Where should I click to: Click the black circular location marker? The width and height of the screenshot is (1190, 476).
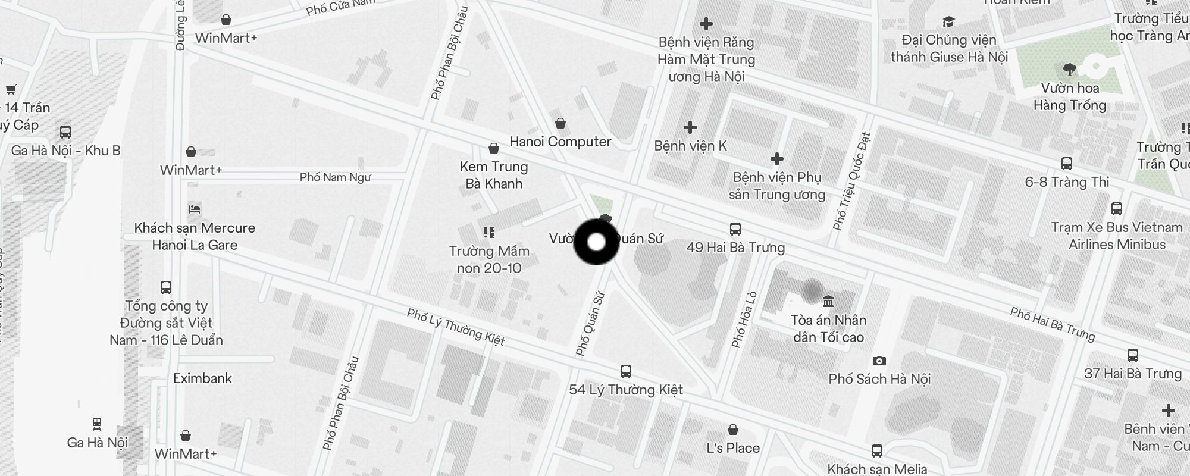point(596,242)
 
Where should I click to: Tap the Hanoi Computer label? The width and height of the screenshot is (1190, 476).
point(560,142)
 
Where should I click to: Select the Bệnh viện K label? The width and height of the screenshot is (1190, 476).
point(690,146)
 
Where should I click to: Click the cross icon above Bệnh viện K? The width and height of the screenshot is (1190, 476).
point(690,127)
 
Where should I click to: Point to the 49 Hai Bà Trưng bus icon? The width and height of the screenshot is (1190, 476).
point(735,229)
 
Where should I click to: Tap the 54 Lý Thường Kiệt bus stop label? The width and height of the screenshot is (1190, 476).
point(626,390)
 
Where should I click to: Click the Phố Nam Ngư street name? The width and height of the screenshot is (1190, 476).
point(335,177)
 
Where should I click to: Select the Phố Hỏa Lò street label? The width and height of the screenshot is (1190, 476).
point(744,319)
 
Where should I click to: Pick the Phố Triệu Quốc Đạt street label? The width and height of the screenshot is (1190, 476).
point(851,181)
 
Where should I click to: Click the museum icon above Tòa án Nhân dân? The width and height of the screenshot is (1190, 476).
point(828,301)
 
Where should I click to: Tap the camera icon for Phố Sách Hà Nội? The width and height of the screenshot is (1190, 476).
point(879,361)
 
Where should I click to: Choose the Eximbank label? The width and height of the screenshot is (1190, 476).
point(202,378)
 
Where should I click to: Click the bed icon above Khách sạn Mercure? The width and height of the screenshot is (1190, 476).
point(195,209)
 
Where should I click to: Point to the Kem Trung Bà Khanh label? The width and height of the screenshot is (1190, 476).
point(494,175)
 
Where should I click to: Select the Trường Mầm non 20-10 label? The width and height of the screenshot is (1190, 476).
point(489,259)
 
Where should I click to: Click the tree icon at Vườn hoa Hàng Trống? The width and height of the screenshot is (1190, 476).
point(1069,70)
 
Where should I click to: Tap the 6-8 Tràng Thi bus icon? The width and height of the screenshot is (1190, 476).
point(1067,164)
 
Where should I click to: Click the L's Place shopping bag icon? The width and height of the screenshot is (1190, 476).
point(733,430)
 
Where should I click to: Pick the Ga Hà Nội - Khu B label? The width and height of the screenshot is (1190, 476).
point(65,151)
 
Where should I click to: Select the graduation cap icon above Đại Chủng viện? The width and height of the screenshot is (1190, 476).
point(948,22)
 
